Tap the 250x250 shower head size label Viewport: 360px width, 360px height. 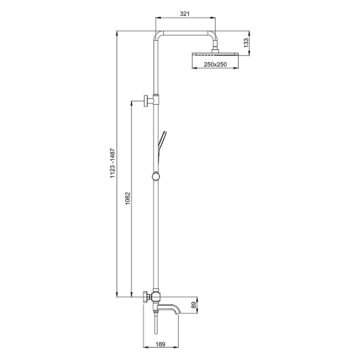pos(215,64)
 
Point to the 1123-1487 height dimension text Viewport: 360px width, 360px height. pos(112,163)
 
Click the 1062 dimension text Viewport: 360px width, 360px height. pos(127,199)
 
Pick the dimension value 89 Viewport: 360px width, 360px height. pos(193,306)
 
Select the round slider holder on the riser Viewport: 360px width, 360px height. pos(155,176)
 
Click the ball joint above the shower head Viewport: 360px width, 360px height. pos(216,48)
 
